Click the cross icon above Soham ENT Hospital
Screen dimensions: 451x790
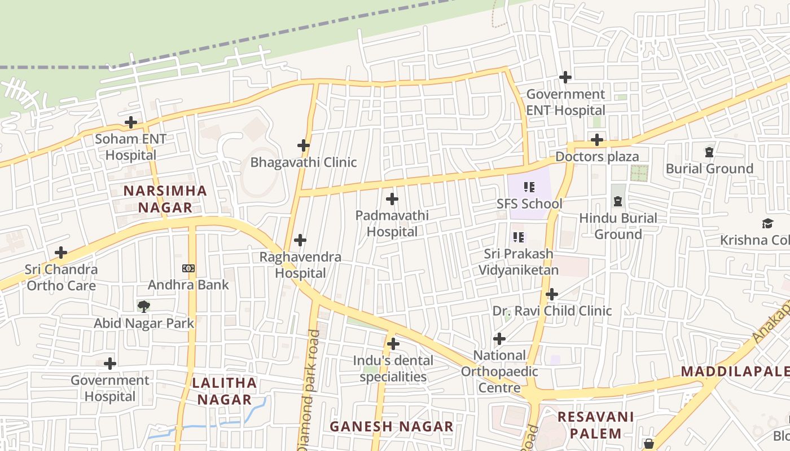pyautogui.click(x=131, y=122)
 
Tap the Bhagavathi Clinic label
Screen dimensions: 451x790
pyautogui.click(x=304, y=162)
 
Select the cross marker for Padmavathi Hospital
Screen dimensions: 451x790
pyautogui.click(x=392, y=199)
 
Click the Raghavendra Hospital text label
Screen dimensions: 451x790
pyautogui.click(x=300, y=265)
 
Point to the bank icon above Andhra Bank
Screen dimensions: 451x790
pyautogui.click(x=188, y=268)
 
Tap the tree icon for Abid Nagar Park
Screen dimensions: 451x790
pyautogui.click(x=144, y=307)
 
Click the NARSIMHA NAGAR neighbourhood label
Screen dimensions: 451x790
pyautogui.click(x=165, y=198)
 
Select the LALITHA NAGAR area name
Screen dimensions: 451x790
pyautogui.click(x=224, y=391)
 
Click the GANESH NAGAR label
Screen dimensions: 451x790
pyautogui.click(x=391, y=426)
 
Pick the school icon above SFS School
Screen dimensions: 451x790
pyautogui.click(x=529, y=187)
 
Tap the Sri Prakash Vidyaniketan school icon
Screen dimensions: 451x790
pyautogui.click(x=519, y=237)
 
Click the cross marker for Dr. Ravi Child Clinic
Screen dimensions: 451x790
pyautogui.click(x=552, y=294)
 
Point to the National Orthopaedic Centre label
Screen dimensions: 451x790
pyautogui.click(x=499, y=372)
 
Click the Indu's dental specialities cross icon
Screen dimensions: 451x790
pyautogui.click(x=393, y=343)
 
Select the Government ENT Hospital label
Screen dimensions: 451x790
pyautogui.click(x=565, y=102)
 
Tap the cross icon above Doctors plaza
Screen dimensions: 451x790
pyautogui.click(x=597, y=139)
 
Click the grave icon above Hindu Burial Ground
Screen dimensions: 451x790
pyautogui.click(x=618, y=201)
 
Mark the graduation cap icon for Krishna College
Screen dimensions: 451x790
pyautogui.click(x=767, y=224)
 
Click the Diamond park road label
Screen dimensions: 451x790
pyautogui.click(x=309, y=389)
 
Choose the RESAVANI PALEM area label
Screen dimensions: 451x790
pyautogui.click(x=596, y=425)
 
